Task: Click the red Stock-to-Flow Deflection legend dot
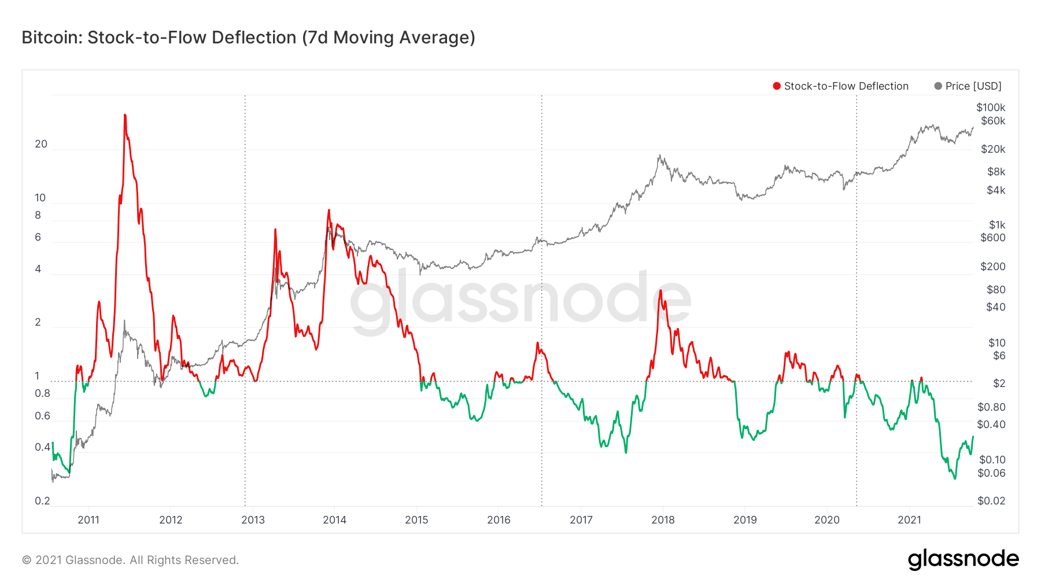(x=777, y=86)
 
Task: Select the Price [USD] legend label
(x=973, y=86)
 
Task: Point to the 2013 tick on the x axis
(x=253, y=519)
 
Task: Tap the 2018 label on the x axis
(x=663, y=519)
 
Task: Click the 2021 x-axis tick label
(x=909, y=519)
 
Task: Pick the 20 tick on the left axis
(x=41, y=144)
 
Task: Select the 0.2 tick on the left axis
(x=42, y=501)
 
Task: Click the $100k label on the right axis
(x=991, y=108)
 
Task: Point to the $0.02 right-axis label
(x=991, y=501)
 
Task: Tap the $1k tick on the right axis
(x=997, y=225)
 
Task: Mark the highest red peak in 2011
(x=125, y=115)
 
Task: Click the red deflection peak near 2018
(x=660, y=290)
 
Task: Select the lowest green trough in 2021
(x=955, y=478)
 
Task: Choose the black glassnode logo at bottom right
(x=964, y=559)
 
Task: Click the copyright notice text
(x=130, y=560)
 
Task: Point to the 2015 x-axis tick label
(x=416, y=519)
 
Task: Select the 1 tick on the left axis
(x=38, y=376)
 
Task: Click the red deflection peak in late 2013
(x=329, y=211)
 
